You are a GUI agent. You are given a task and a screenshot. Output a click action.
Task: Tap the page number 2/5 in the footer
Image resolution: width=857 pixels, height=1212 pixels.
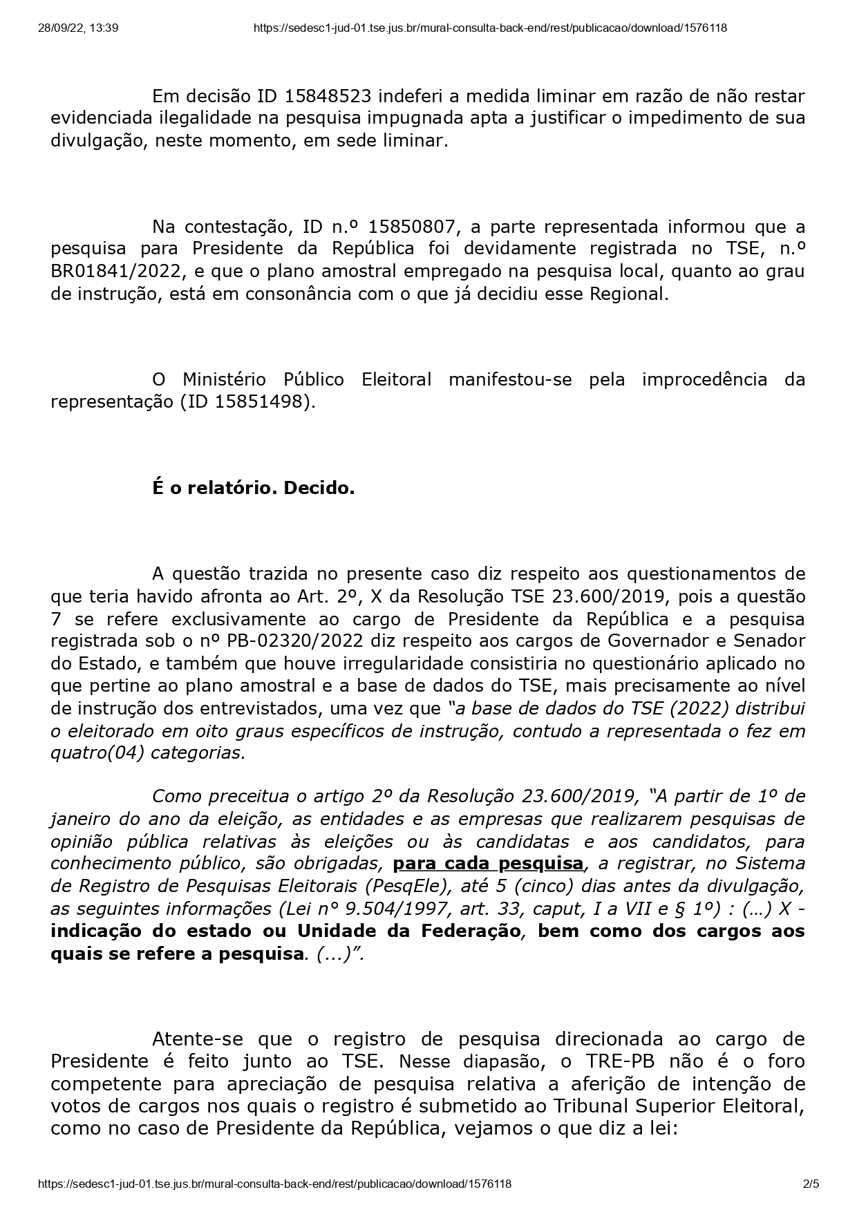(x=811, y=1184)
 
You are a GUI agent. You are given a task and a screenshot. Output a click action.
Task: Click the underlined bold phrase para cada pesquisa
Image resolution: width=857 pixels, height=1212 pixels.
(x=488, y=864)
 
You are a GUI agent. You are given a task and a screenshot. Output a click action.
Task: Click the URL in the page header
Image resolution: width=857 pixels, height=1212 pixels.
(x=490, y=28)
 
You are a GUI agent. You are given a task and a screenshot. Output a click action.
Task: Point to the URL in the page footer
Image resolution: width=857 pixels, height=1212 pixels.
(x=275, y=1184)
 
